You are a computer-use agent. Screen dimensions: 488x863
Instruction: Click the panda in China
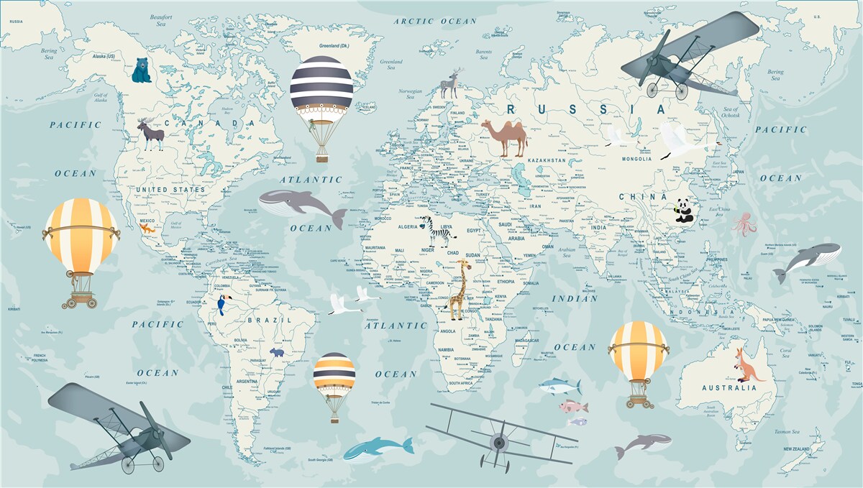tap(684, 210)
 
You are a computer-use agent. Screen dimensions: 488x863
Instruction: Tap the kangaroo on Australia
tap(746, 364)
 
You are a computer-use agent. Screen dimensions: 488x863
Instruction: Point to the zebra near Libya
tap(437, 231)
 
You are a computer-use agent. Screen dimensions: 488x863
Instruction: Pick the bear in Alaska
tap(142, 70)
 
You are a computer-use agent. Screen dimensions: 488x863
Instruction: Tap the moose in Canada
tap(151, 134)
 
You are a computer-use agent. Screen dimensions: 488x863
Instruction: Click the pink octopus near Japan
tap(745, 224)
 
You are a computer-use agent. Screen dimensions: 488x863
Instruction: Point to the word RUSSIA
tap(587, 109)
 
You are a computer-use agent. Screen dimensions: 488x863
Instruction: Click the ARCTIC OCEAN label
tap(435, 21)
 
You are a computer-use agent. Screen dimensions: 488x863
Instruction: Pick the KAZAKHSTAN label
tap(547, 160)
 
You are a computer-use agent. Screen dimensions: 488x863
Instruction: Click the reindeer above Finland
tap(451, 84)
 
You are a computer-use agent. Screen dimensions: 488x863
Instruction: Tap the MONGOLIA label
tap(636, 159)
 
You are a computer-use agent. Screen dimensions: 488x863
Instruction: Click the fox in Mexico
tap(146, 229)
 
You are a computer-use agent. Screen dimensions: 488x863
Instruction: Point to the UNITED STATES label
tap(170, 190)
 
